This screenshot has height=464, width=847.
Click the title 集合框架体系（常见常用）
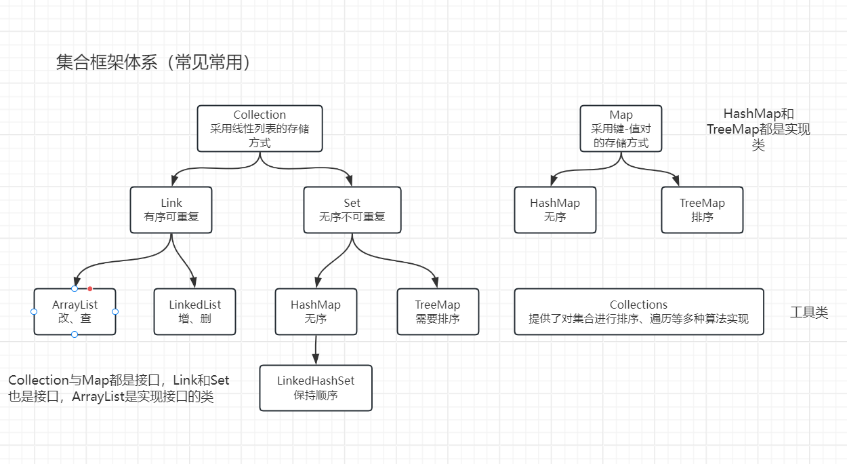(154, 63)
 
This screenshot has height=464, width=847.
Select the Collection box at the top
(260, 128)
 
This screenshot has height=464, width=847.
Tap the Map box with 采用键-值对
(621, 128)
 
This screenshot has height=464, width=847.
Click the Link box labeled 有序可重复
(171, 210)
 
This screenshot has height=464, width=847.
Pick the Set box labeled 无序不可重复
(352, 210)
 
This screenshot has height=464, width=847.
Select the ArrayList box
(75, 311)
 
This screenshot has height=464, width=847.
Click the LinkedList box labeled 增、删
(194, 311)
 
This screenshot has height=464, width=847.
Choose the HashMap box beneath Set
(316, 311)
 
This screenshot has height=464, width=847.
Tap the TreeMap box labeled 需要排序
(437, 311)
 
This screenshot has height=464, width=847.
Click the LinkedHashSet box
(316, 387)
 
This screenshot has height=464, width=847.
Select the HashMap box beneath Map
(555, 210)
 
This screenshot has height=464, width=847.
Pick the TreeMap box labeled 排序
(702, 210)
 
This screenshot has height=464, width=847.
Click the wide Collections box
(638, 311)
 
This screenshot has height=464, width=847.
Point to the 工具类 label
(808, 313)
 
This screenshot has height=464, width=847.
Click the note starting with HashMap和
(758, 129)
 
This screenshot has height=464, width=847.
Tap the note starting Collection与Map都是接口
(119, 389)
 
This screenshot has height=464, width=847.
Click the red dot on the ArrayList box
(89, 289)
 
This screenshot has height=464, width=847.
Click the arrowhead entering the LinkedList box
(194, 284)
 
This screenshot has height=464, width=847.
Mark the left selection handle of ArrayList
(34, 311)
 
